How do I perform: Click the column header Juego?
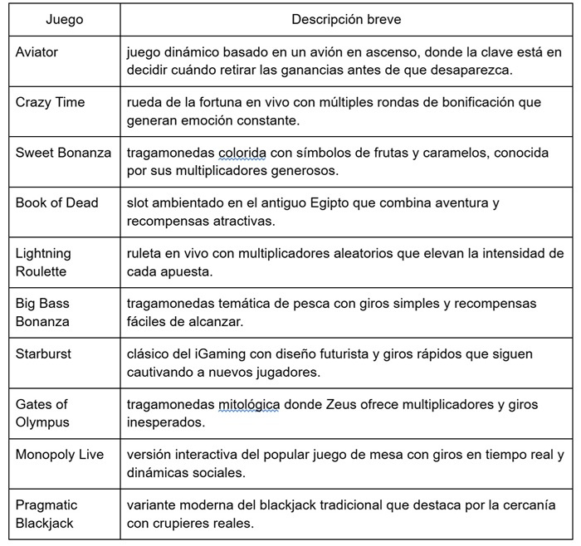[64, 19]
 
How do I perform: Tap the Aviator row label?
[37, 52]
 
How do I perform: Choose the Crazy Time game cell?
[50, 103]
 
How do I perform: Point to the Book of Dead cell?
[56, 202]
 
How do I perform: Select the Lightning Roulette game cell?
[45, 261]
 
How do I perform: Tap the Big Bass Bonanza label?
[42, 312]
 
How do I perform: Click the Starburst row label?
[43, 353]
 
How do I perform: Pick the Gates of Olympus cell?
[42, 412]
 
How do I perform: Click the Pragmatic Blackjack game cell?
[47, 514]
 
